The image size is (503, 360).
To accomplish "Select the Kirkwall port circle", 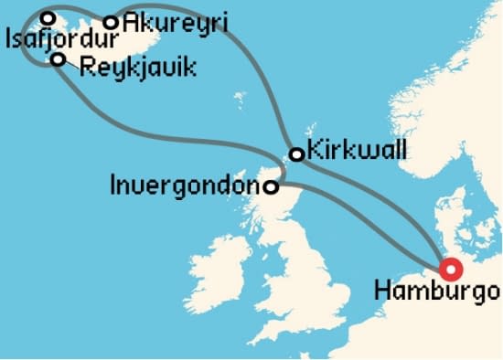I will point(296,154).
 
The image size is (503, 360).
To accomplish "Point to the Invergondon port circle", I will point(272,187).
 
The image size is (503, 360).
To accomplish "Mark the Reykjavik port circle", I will point(59,60).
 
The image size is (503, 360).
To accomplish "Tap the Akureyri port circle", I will point(111,22).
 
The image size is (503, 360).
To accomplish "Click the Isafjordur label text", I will point(61,41).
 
